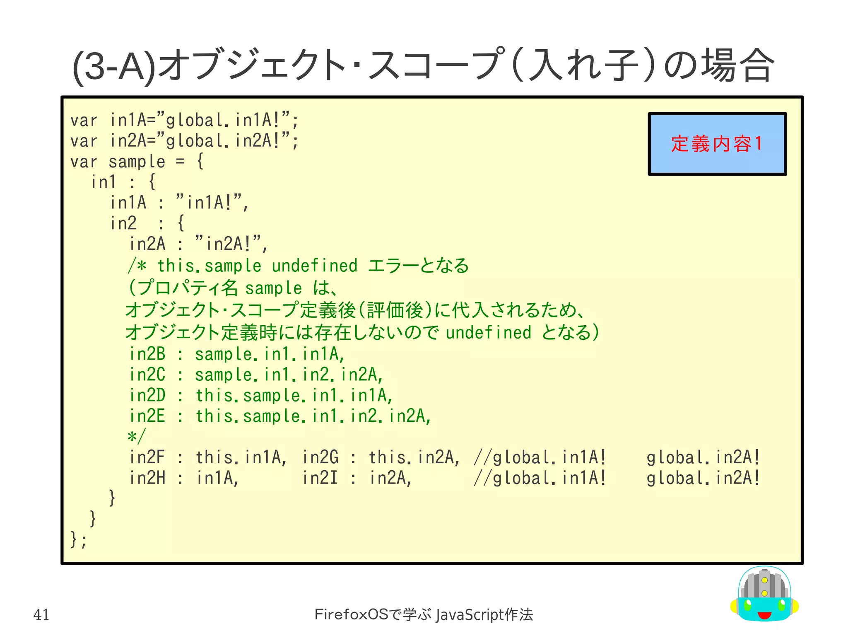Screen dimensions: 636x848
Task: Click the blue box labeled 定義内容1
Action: point(717,144)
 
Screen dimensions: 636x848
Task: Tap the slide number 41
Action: point(41,614)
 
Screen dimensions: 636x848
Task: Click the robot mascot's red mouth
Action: point(764,615)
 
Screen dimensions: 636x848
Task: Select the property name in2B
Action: point(147,354)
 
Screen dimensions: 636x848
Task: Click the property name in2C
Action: point(147,375)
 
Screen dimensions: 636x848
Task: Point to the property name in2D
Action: point(147,395)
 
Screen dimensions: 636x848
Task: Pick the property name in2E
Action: point(147,416)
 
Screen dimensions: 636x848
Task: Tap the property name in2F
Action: point(147,457)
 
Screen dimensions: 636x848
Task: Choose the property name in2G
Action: point(320,457)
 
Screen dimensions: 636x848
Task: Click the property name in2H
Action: point(147,478)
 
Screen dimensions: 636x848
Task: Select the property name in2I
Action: point(320,478)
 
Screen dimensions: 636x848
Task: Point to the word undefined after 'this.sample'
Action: point(314,266)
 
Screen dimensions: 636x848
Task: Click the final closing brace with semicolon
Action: point(79,539)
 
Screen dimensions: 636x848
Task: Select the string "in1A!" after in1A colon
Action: point(211,203)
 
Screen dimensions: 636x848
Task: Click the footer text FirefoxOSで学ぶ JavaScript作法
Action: point(424,614)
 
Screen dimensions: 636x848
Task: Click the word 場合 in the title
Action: point(737,65)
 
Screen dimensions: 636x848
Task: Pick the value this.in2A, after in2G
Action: point(414,457)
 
